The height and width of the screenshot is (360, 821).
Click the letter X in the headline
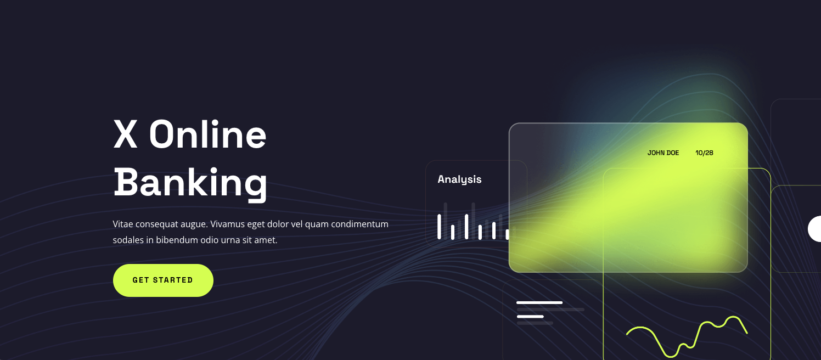tap(125, 134)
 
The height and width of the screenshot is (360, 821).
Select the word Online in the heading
tap(207, 134)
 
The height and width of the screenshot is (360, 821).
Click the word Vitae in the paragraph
tap(123, 224)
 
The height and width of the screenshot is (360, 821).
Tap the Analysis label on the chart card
tap(459, 179)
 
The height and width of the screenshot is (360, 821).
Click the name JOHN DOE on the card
tap(663, 153)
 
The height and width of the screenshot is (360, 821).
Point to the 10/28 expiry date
tap(704, 153)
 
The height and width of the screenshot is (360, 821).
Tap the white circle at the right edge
tap(815, 229)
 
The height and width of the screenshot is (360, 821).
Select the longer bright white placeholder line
tap(539, 303)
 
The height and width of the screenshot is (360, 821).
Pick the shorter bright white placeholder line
tap(530, 317)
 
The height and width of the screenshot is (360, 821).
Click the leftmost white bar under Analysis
tap(439, 227)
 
